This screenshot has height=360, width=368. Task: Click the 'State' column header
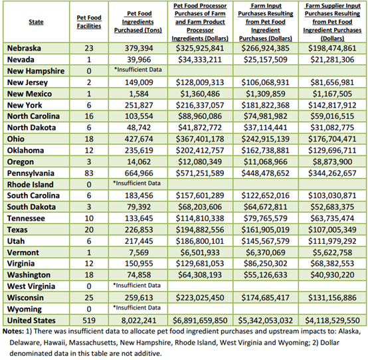click(x=36, y=22)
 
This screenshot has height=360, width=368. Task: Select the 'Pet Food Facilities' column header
click(x=89, y=22)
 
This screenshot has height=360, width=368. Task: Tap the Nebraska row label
click(x=24, y=48)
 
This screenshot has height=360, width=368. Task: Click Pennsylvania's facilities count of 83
click(x=89, y=173)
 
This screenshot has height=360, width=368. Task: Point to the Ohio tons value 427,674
click(x=139, y=139)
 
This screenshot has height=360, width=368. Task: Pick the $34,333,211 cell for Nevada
click(x=200, y=60)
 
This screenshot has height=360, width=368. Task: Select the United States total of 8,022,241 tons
click(x=139, y=320)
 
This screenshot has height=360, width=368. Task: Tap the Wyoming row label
click(x=25, y=309)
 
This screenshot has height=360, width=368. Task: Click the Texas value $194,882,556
click(x=200, y=230)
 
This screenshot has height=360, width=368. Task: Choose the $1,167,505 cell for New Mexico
click(x=332, y=94)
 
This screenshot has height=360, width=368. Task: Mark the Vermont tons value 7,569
click(x=139, y=252)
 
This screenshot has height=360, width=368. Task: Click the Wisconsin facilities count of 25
click(x=89, y=298)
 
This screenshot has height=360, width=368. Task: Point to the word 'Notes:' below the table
click(x=13, y=331)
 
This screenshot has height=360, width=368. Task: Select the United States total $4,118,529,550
click(x=332, y=320)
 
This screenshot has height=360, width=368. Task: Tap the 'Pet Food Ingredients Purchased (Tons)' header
click(x=138, y=22)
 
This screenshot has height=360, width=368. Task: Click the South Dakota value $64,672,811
click(x=266, y=207)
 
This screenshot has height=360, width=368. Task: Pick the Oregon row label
click(x=21, y=162)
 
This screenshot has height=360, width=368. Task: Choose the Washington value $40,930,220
click(x=332, y=275)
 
